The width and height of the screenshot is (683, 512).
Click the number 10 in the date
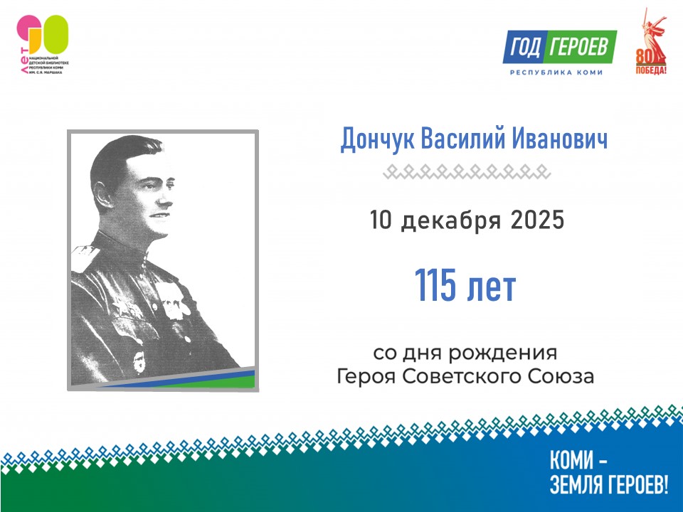381,220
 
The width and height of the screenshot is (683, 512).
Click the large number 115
435,286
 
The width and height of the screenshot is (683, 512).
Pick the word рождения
507,353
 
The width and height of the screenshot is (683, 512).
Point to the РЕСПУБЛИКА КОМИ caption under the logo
557,73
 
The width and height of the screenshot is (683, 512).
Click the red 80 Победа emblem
651,44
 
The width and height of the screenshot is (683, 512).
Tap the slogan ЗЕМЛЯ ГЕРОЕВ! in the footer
609,485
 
